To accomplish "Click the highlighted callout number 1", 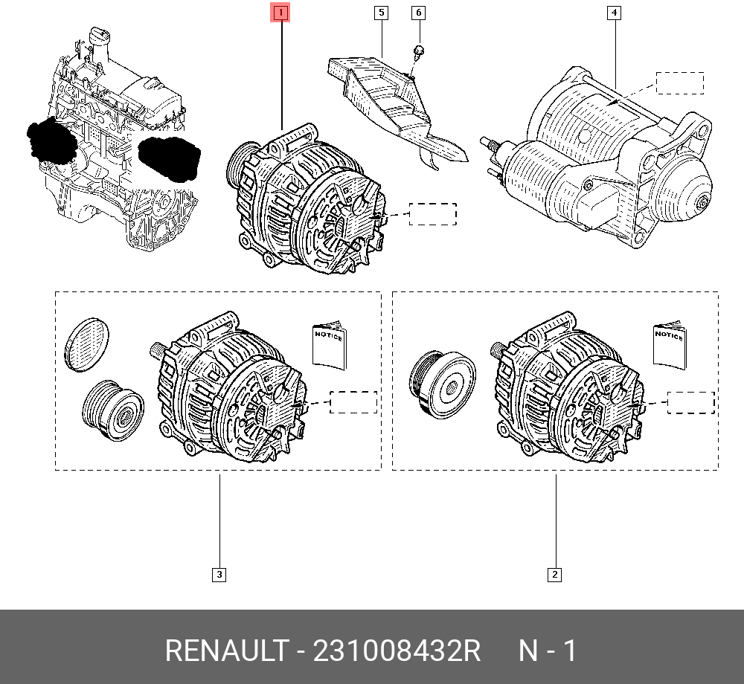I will pos(282,13).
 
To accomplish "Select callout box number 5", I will pos(381,13).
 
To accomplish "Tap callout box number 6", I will pos(418,13).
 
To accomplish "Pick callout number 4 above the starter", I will pos(615,13).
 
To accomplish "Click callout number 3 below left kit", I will pos(219,574).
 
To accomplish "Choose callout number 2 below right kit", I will pos(554,574).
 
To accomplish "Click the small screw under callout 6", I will pos(419,51).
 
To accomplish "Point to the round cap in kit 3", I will pos(86,343).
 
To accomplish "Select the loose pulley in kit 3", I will pos(112,411).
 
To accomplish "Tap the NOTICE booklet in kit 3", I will pos(329,345).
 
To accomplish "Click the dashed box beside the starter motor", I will pos(679,83).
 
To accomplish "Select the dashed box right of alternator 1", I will pos(433,214).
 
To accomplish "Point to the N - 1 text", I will pos(547,651).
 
